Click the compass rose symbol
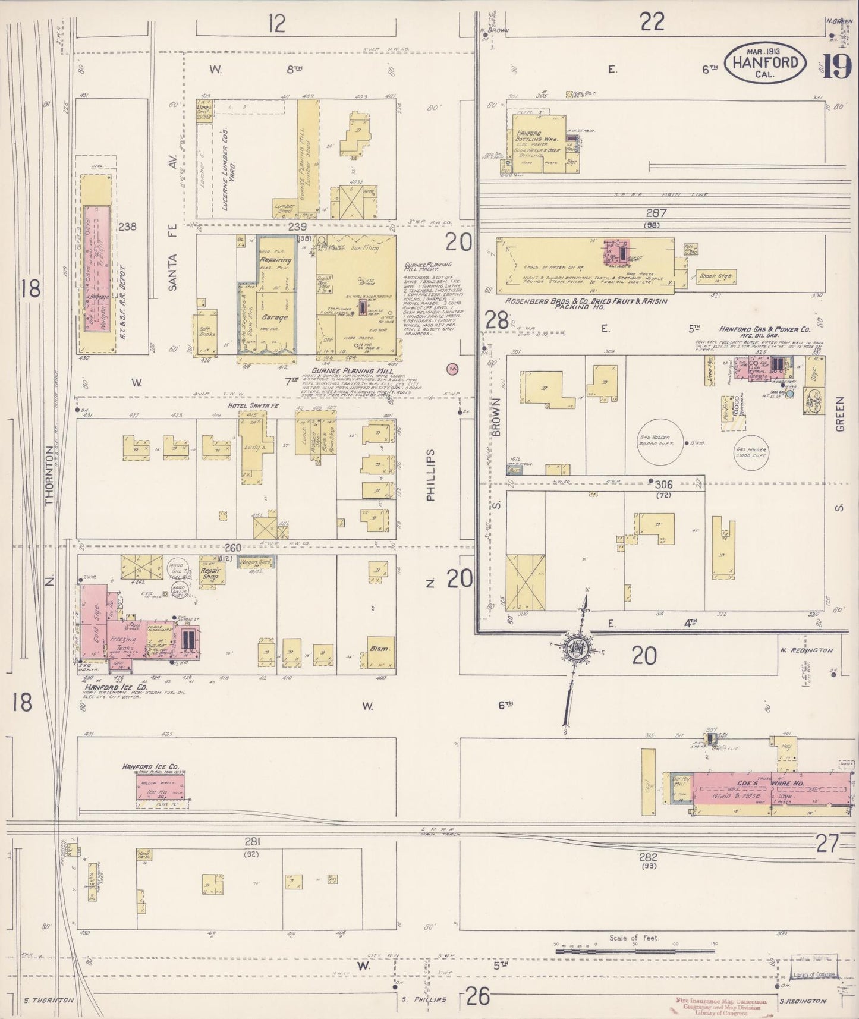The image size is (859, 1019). click(575, 649)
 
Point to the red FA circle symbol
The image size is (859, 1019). click(454, 369)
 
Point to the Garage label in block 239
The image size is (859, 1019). click(275, 317)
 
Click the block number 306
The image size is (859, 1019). click(662, 484)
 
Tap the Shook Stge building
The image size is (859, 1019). click(716, 276)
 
